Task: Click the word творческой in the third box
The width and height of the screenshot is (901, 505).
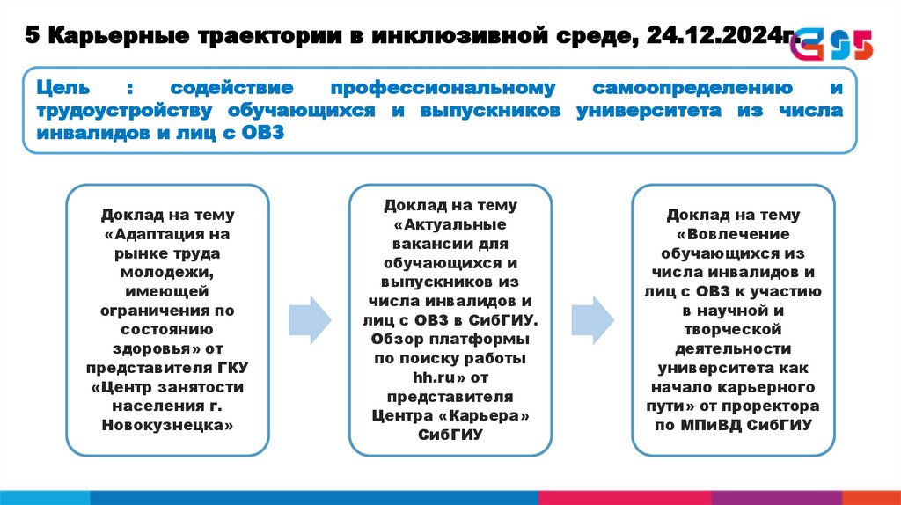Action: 733,329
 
